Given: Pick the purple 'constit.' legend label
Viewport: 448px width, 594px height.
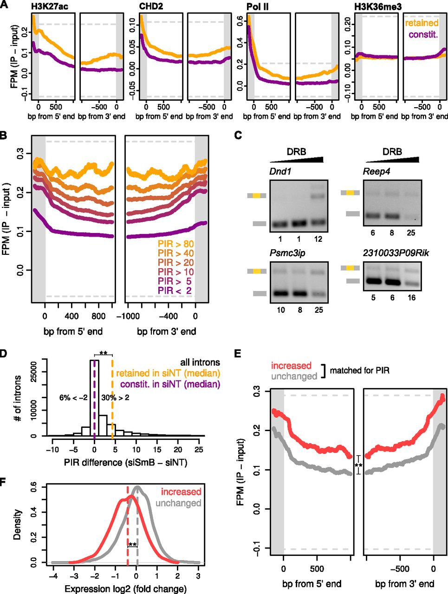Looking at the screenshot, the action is (423, 35).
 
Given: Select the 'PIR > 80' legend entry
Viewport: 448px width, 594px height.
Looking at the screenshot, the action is (176, 244).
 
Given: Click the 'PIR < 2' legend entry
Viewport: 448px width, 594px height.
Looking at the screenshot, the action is (175, 291).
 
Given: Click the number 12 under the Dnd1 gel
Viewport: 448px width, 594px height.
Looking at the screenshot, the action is (318, 239).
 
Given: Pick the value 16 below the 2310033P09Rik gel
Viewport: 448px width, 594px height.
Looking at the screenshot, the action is (411, 298).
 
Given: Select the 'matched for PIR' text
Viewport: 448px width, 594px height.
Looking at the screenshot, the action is (359, 370).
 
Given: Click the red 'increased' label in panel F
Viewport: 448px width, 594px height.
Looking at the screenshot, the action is (181, 491).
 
